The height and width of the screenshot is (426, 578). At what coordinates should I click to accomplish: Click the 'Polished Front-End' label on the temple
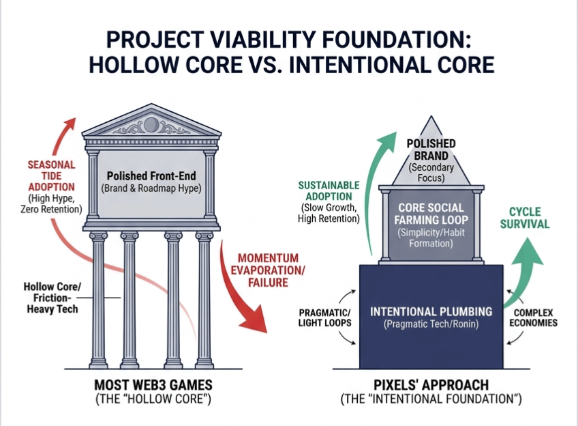151,175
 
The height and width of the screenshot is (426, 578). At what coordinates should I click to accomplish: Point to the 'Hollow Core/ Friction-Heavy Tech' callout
50,298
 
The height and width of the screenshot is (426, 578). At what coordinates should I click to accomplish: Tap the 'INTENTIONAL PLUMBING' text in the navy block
431,311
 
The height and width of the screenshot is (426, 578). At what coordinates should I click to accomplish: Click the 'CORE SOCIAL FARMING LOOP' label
430,214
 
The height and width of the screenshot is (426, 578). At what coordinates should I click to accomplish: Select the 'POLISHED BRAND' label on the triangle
431,149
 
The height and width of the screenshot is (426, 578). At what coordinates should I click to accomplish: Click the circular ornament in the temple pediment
151,125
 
